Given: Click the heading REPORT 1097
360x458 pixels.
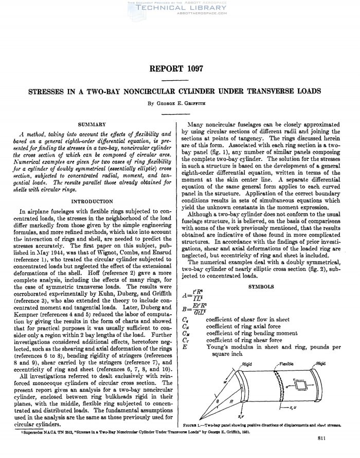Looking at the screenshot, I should click(179, 68).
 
